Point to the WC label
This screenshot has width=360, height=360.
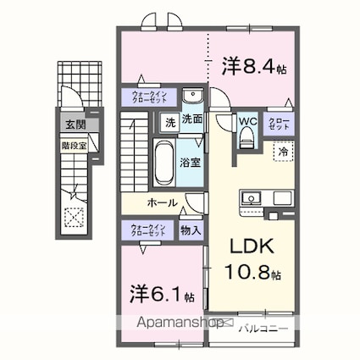coord(247,120)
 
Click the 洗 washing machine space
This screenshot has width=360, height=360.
coord(169,122)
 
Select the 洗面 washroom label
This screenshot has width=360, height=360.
coord(193,121)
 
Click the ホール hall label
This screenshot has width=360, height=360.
coord(162,202)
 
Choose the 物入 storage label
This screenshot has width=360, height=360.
coord(191,230)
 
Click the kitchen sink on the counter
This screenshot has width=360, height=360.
coord(251,199)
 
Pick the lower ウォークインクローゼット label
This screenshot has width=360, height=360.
coord(148,230)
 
